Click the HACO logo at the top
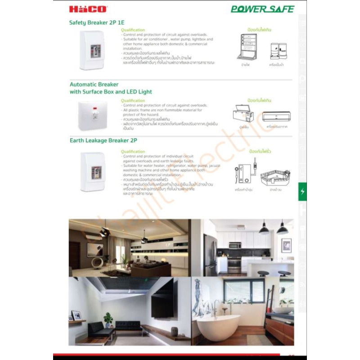click(81, 9)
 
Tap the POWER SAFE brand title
click(262, 9)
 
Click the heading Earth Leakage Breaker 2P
click(103, 140)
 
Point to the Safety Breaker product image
click(92, 50)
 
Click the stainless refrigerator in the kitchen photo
click(210, 254)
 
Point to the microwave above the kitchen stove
click(235, 245)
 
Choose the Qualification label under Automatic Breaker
click(133, 101)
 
